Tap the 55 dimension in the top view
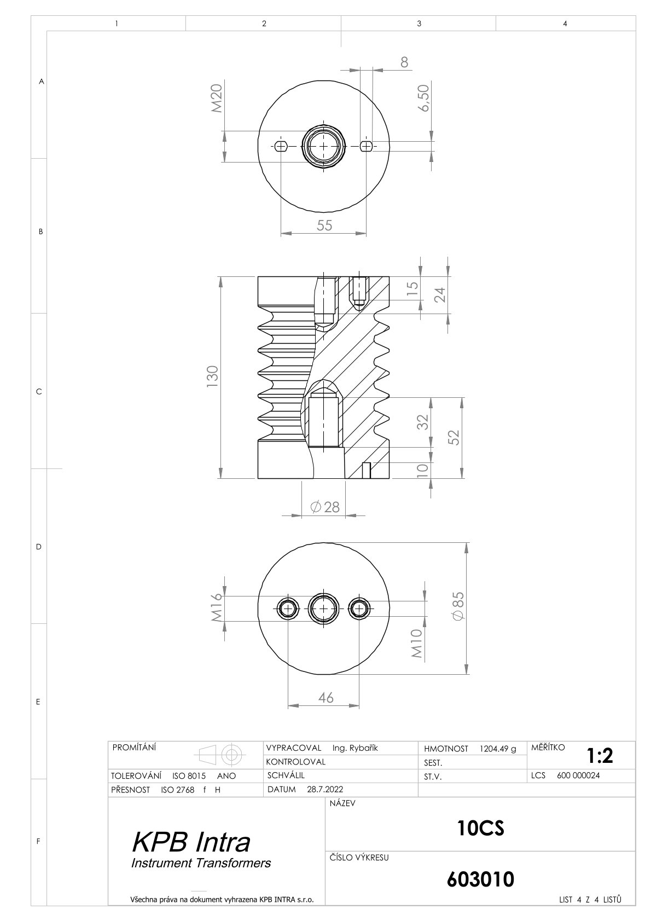(324, 225)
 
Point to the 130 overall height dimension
(212, 376)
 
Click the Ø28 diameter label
(325, 507)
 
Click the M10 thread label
(416, 644)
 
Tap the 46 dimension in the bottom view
(326, 698)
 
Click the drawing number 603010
(480, 879)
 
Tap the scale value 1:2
(600, 755)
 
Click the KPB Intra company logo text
(191, 842)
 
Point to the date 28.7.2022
(325, 789)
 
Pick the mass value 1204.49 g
(498, 749)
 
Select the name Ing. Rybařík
(355, 748)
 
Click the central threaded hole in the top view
(323, 146)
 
